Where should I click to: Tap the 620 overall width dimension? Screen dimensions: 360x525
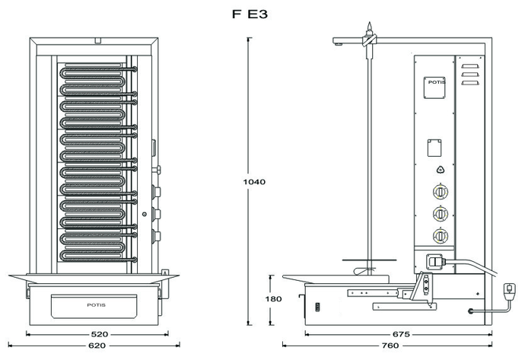coord(96,346)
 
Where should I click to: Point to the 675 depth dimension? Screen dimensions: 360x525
coord(401,333)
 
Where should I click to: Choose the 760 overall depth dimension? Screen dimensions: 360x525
coord(390,346)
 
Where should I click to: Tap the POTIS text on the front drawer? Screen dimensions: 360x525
coord(96,304)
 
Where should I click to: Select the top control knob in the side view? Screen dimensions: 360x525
coord(439,193)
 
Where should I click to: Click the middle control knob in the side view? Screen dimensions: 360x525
coord(439,214)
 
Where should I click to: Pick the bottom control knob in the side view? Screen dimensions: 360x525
coord(439,235)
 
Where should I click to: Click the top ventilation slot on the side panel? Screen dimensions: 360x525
coord(469,66)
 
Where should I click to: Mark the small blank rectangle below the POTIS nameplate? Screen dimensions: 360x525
coord(435,145)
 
